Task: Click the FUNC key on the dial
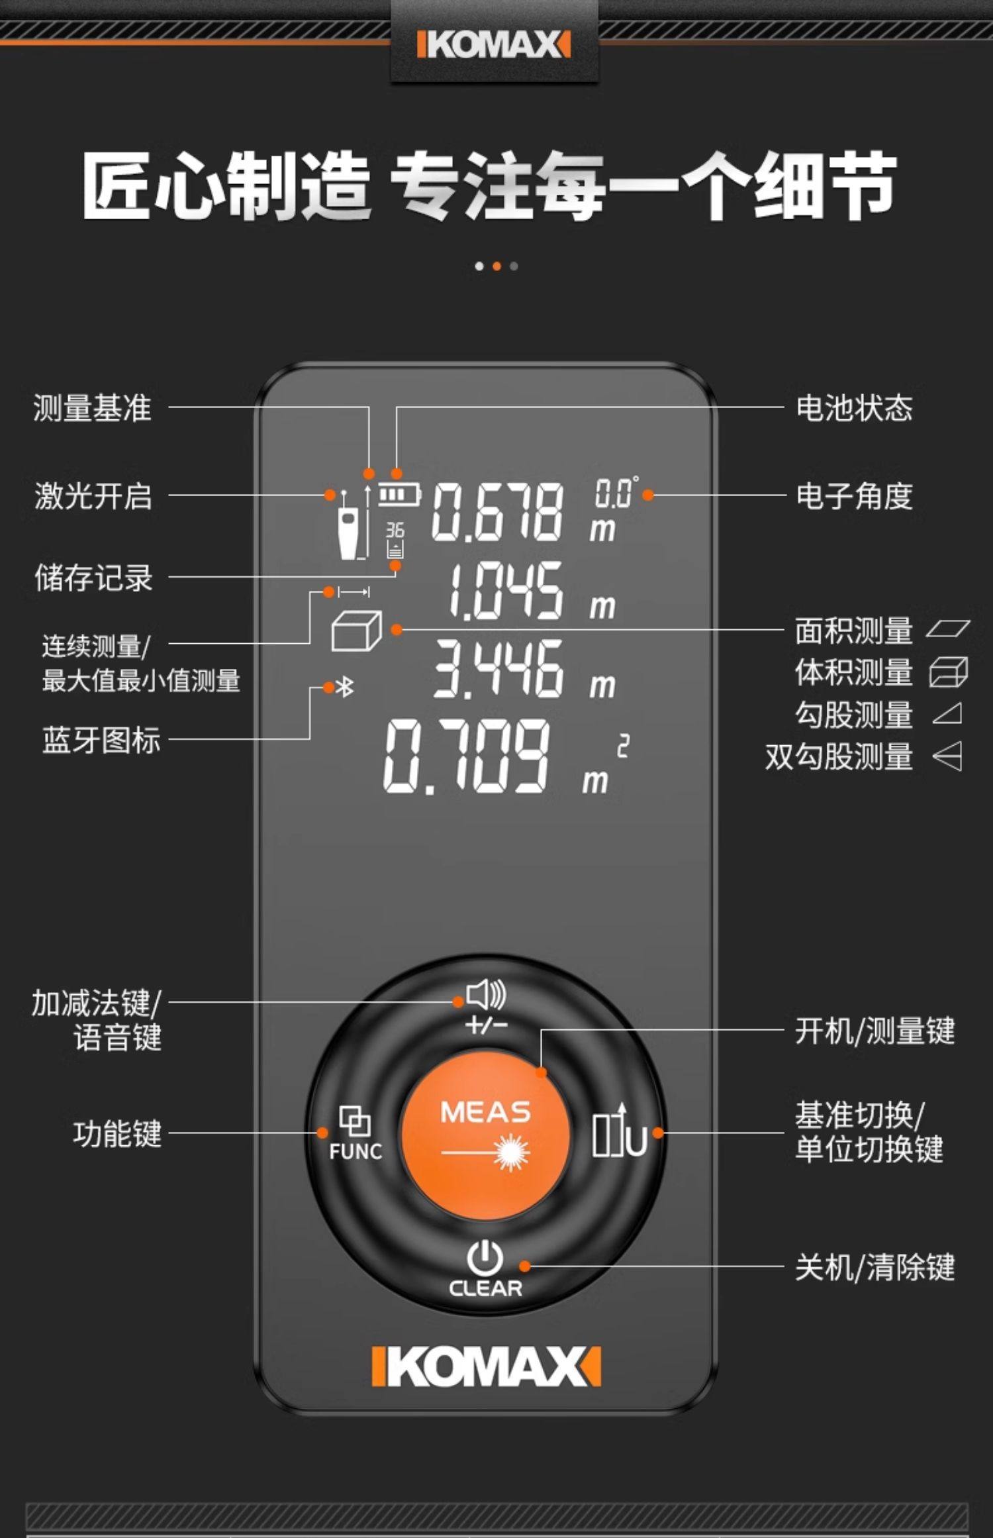[355, 1133]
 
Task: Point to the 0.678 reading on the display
[497, 511]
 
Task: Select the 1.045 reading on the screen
[506, 591]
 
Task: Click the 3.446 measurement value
[498, 668]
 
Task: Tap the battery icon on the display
[399, 495]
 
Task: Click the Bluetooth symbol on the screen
[345, 688]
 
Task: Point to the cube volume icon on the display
[356, 630]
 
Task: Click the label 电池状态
[853, 408]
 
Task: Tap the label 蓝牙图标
[101, 740]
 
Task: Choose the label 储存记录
[93, 578]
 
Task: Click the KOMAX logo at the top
[494, 45]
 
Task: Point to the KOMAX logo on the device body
[486, 1366]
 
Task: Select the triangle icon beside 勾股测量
[947, 714]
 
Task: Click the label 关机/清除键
[874, 1267]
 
